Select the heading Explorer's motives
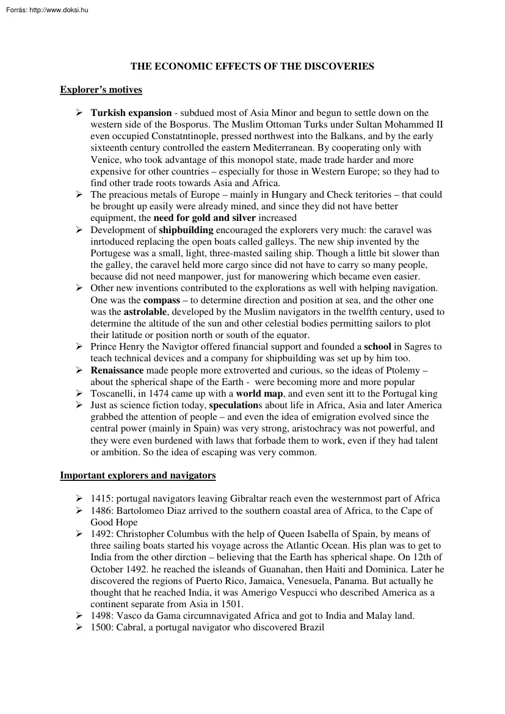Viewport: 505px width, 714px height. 101,90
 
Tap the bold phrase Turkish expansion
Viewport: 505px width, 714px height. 131,113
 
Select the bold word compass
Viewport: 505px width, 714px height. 162,300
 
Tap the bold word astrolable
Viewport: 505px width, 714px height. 147,312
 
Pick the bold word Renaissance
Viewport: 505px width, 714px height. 117,370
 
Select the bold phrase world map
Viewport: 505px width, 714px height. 260,394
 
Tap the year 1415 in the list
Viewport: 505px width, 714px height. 100,499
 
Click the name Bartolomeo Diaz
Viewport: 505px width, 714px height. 151,510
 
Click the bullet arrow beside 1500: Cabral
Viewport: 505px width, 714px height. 79,627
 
